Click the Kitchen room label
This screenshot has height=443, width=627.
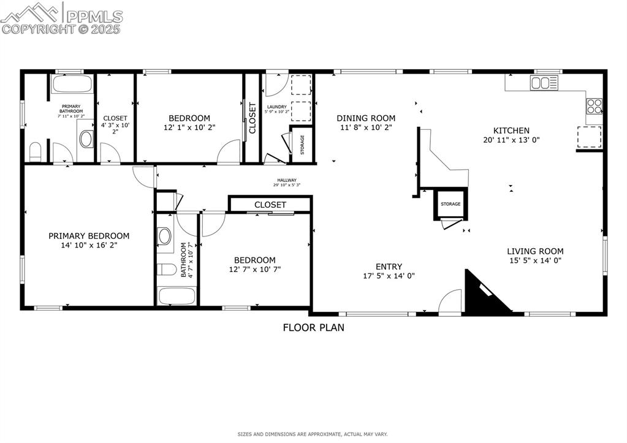[x=511, y=131]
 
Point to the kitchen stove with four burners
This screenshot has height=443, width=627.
[x=595, y=107]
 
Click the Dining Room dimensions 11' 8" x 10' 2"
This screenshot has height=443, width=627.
[x=366, y=127]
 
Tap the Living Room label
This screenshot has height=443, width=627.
[x=534, y=251]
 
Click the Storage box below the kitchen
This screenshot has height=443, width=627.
[x=450, y=205]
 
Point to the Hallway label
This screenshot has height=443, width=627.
[x=286, y=180]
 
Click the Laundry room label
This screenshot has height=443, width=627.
[x=277, y=107]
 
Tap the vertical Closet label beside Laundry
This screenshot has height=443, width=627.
[x=252, y=118]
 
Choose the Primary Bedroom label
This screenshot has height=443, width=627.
[x=89, y=236]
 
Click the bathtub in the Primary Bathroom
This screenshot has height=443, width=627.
[x=72, y=85]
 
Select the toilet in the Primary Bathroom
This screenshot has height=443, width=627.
[x=36, y=151]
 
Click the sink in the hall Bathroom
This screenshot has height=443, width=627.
[x=165, y=236]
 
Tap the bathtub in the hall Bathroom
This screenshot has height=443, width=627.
[x=177, y=296]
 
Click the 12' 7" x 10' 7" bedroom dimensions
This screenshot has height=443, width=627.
[x=255, y=269]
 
